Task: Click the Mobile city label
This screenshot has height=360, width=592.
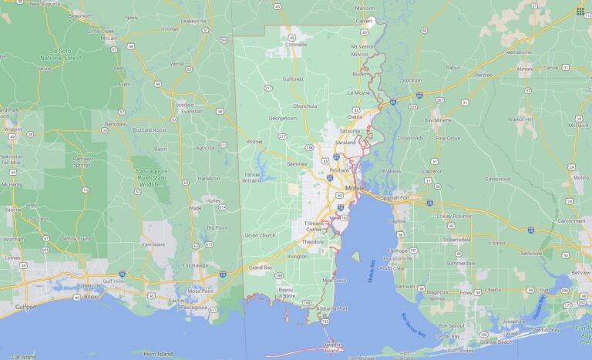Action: click(x=355, y=188)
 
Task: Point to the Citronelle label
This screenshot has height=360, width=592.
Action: click(x=296, y=45)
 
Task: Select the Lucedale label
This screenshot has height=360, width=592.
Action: click(x=183, y=104)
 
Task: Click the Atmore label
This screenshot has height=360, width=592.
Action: click(x=525, y=68)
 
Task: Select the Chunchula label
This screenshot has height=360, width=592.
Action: click(x=305, y=106)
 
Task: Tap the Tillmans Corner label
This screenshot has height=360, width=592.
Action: click(x=312, y=225)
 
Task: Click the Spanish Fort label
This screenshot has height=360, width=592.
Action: click(x=396, y=197)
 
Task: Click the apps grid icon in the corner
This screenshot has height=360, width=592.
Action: click(x=580, y=11)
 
